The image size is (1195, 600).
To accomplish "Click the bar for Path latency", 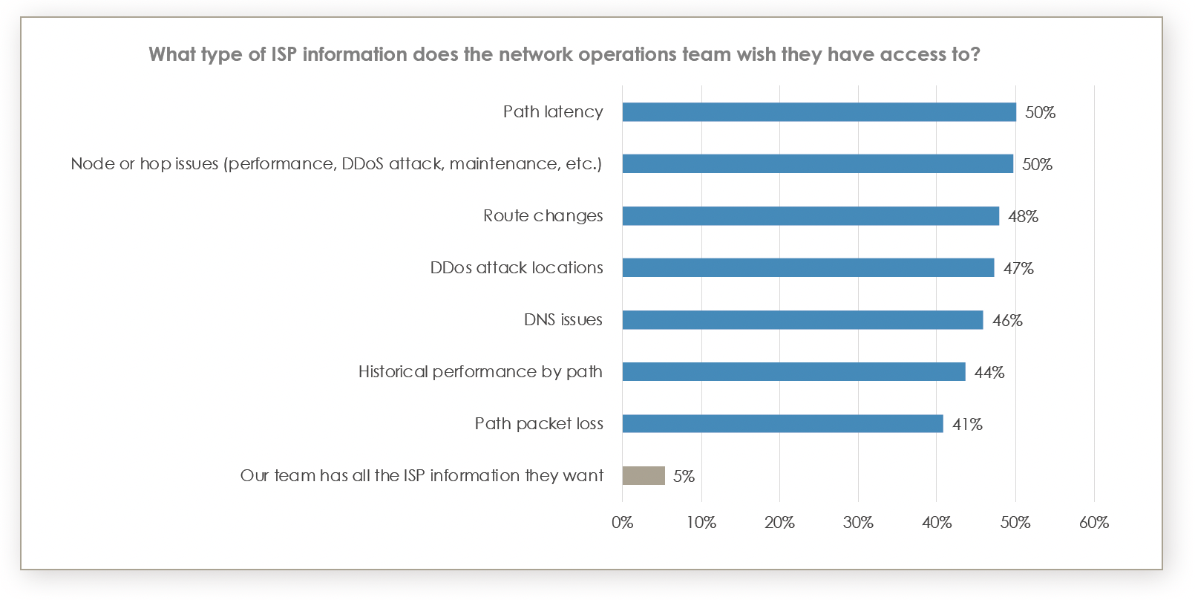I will (x=819, y=112).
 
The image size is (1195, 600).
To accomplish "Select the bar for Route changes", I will (x=811, y=216).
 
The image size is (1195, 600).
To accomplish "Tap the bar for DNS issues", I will (x=802, y=320).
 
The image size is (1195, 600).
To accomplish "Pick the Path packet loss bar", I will (x=782, y=424).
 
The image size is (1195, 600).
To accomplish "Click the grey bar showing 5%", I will (x=644, y=475).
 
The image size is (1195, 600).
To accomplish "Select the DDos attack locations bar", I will (x=808, y=268).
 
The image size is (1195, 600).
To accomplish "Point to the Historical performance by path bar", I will (x=793, y=372).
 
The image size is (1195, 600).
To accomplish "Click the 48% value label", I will (x=1023, y=217).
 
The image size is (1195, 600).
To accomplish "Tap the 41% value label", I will (x=967, y=425).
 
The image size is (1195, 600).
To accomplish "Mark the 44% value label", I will (x=989, y=373).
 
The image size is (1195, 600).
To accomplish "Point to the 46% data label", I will (x=1007, y=321).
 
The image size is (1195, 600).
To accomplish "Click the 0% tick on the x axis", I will (x=622, y=523).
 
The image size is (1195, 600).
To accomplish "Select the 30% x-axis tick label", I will (x=858, y=523).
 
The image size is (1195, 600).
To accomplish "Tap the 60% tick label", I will (x=1093, y=523).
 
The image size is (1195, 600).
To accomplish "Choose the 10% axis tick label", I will (x=701, y=523).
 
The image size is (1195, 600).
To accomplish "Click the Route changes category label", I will (x=543, y=216).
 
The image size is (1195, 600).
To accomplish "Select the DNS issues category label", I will (x=563, y=320).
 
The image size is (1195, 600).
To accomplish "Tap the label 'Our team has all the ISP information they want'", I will (x=422, y=476).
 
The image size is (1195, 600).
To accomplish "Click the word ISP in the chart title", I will (x=284, y=55).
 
